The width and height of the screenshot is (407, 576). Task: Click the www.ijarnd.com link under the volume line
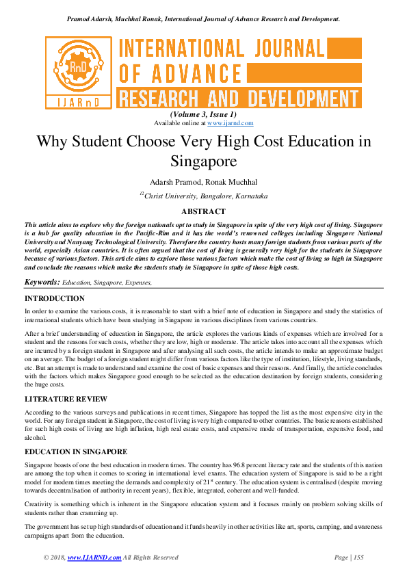[230, 123]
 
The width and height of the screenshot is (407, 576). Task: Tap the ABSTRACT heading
[203, 212]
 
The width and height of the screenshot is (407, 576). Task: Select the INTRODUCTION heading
[55, 299]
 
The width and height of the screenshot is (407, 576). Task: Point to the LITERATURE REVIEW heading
[66, 398]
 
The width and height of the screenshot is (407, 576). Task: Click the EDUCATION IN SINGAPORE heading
[75, 452]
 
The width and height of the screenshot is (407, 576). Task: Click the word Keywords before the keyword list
[42, 283]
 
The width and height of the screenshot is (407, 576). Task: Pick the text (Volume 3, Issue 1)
[203, 114]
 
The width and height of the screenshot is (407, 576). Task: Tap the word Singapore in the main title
[203, 162]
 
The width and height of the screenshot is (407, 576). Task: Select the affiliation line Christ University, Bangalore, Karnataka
[205, 196]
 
